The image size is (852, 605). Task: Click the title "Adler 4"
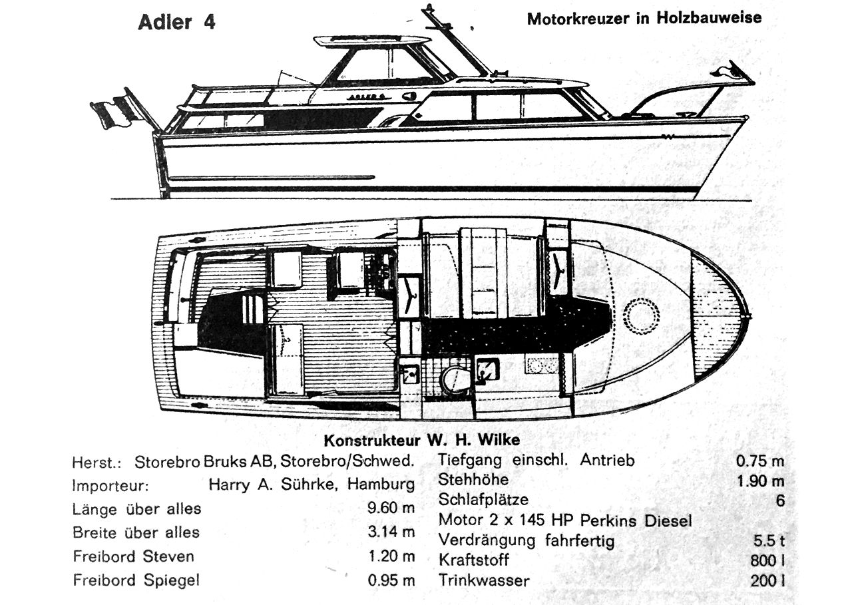[x=177, y=22]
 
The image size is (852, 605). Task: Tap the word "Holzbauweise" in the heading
[x=710, y=18]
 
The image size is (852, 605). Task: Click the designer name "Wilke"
[x=499, y=440]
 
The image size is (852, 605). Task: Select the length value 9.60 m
[x=391, y=508]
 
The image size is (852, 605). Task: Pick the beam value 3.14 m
[x=391, y=532]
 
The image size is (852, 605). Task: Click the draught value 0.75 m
[x=760, y=461]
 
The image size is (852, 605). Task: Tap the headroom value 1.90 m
[x=761, y=481]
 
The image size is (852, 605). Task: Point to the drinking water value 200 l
[x=767, y=581]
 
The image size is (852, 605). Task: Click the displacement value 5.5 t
[x=769, y=540]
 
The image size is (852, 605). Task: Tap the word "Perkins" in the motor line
[x=608, y=520]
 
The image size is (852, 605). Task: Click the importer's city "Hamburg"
[x=381, y=485]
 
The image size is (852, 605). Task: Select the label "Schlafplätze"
[x=483, y=500]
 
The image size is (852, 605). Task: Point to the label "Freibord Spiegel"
[x=136, y=580]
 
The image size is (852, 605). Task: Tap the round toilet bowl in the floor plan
[x=455, y=378]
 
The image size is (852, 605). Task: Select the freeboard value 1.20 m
[x=391, y=556]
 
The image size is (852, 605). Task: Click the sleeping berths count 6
[x=780, y=501]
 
